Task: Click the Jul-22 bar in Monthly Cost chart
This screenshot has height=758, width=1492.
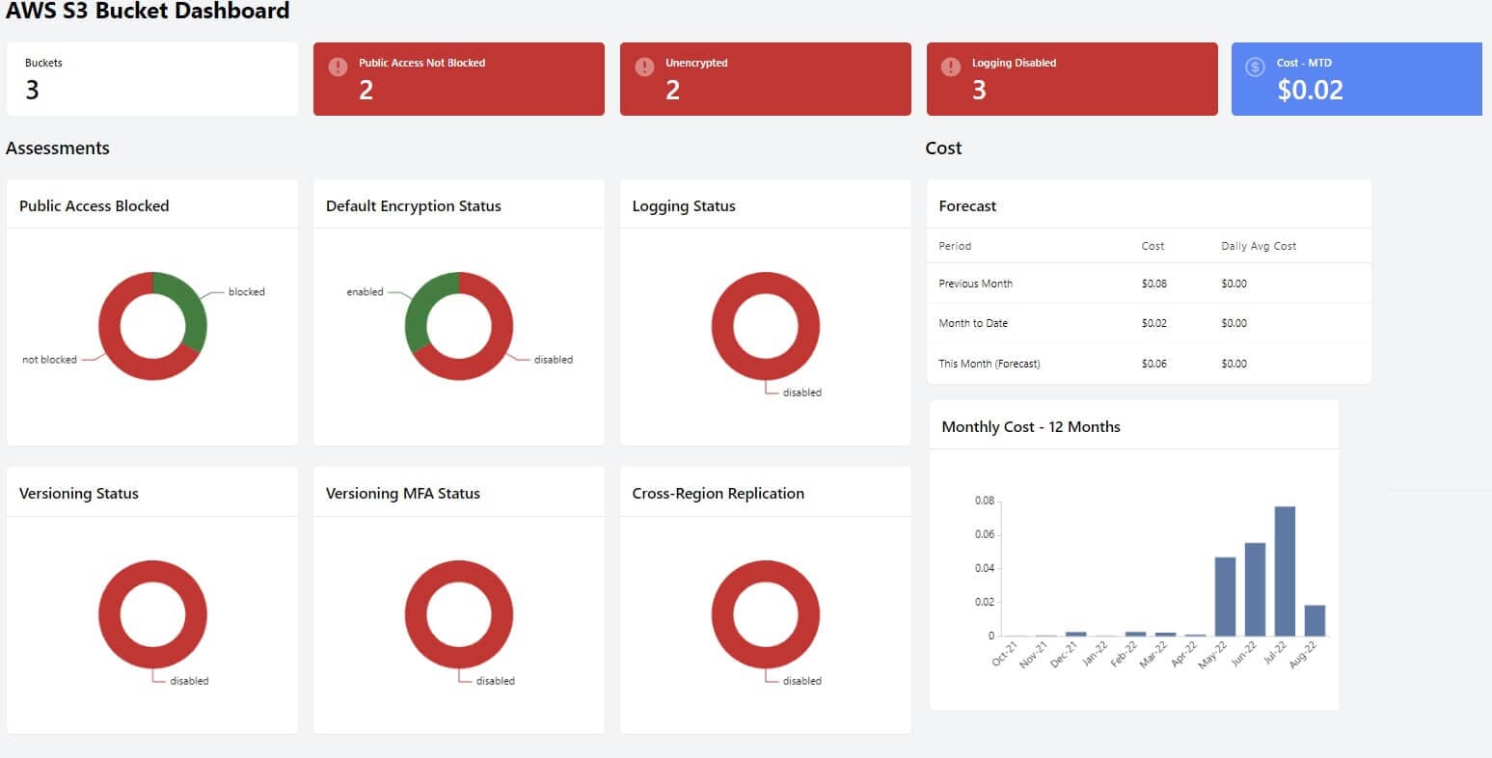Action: pyautogui.click(x=1285, y=571)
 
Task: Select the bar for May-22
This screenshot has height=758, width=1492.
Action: pyautogui.click(x=1225, y=596)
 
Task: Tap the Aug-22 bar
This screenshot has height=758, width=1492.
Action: pyautogui.click(x=1315, y=620)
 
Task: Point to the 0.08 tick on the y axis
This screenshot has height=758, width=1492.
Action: pyautogui.click(x=984, y=501)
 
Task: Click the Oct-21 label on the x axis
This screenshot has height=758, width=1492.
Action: pyautogui.click(x=1004, y=655)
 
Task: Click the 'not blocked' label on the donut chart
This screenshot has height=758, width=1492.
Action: pyautogui.click(x=49, y=360)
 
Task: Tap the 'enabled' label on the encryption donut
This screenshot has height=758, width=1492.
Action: pyautogui.click(x=365, y=292)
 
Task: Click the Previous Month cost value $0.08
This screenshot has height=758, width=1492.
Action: pyautogui.click(x=1153, y=284)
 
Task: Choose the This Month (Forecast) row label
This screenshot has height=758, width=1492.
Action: pyautogui.click(x=989, y=364)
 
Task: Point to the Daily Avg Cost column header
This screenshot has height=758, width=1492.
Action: pyautogui.click(x=1258, y=246)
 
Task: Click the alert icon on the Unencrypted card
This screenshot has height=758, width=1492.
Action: pyautogui.click(x=644, y=67)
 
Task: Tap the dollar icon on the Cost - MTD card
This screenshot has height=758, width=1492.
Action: pyautogui.click(x=1255, y=67)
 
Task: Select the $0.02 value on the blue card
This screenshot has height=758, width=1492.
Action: pyautogui.click(x=1310, y=91)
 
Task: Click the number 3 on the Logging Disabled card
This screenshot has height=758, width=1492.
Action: pyautogui.click(x=979, y=91)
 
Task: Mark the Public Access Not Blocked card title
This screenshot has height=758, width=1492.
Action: pyautogui.click(x=421, y=63)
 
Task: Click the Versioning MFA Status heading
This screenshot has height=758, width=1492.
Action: pyautogui.click(x=402, y=493)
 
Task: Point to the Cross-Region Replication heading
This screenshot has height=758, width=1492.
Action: pyautogui.click(x=718, y=493)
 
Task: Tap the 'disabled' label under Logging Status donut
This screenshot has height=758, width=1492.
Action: pyautogui.click(x=801, y=393)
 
